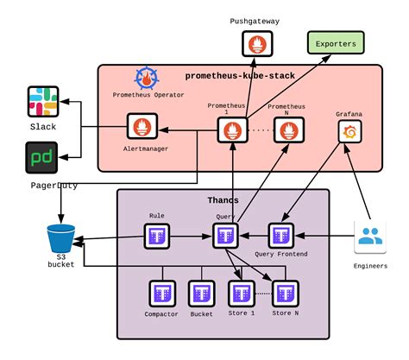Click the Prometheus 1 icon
point(231,131)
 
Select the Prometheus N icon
point(288,131)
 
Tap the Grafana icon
point(349,131)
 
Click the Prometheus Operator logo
point(147,79)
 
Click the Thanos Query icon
point(225,235)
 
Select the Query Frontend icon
point(281,235)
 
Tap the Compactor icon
point(161,292)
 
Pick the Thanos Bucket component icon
point(201,292)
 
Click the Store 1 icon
point(242,292)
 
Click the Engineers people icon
point(372,237)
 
